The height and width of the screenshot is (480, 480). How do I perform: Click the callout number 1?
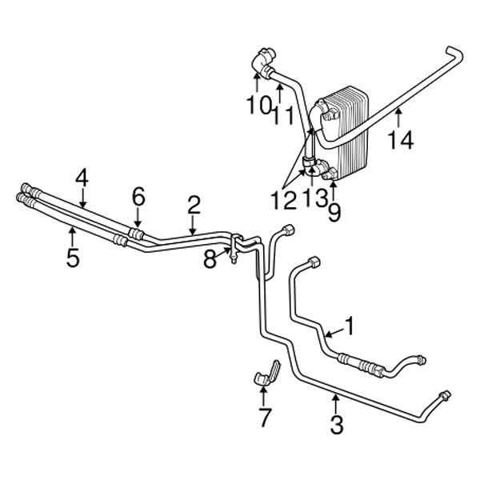point(350,325)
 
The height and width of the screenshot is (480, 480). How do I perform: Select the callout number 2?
point(194,206)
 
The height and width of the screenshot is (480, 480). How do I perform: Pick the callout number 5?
point(73,258)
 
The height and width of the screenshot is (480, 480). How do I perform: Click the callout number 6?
point(138,196)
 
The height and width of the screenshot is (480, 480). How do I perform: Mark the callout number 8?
point(210,258)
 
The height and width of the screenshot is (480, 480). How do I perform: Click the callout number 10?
point(257,103)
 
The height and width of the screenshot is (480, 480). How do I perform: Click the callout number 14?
point(400,141)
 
